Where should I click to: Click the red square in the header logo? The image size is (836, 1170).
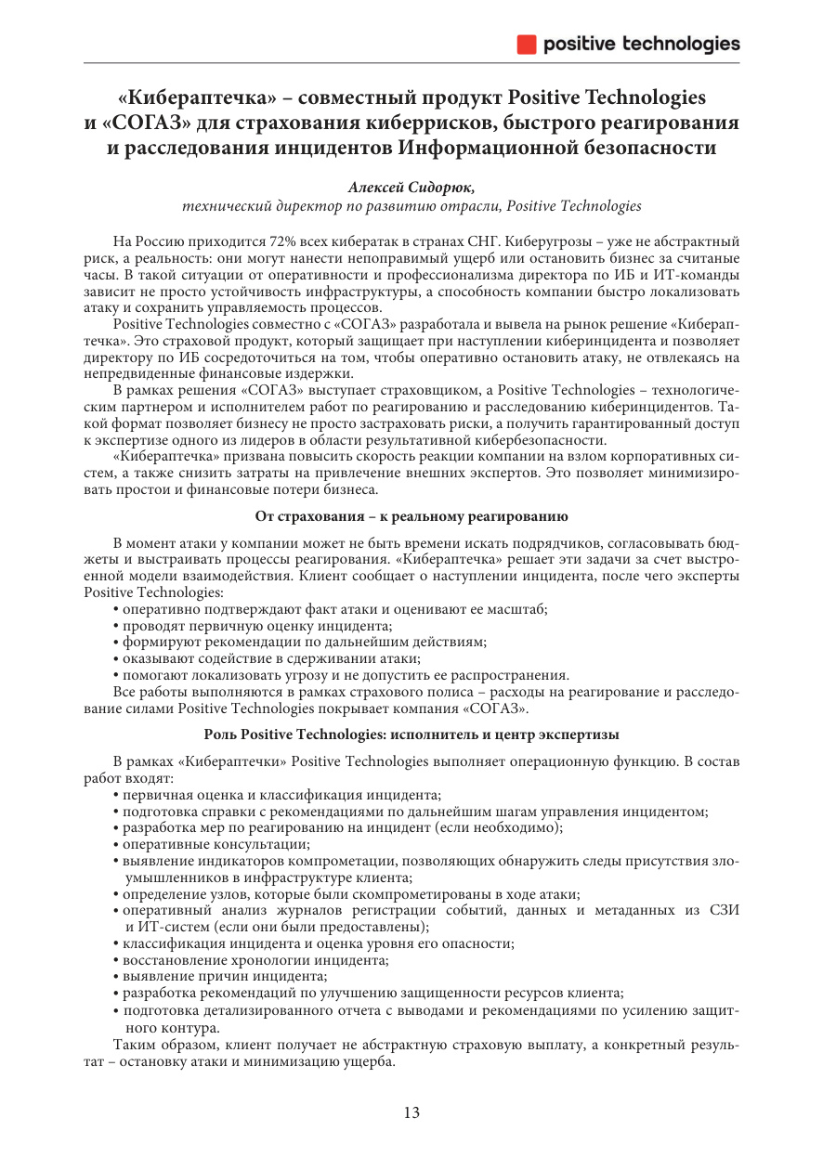coord(527,44)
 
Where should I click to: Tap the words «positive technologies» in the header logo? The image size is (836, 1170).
coord(641,44)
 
